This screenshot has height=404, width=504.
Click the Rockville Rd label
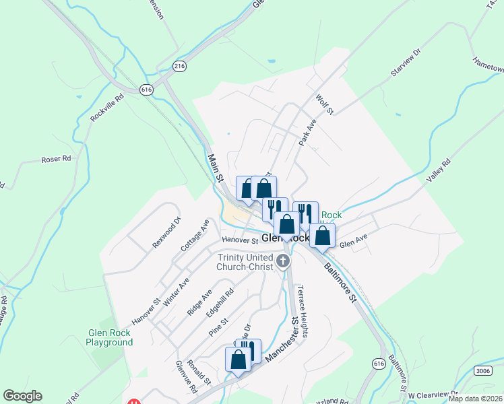pos(108,108)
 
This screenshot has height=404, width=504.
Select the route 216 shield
pos(179,66)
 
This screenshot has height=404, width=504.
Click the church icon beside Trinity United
pos(284,262)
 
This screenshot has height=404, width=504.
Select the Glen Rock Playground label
pos(109,337)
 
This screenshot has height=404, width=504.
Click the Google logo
pos(22,396)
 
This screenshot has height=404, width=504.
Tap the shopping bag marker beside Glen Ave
pos(323,236)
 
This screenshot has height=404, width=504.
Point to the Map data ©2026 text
pos(474,399)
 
